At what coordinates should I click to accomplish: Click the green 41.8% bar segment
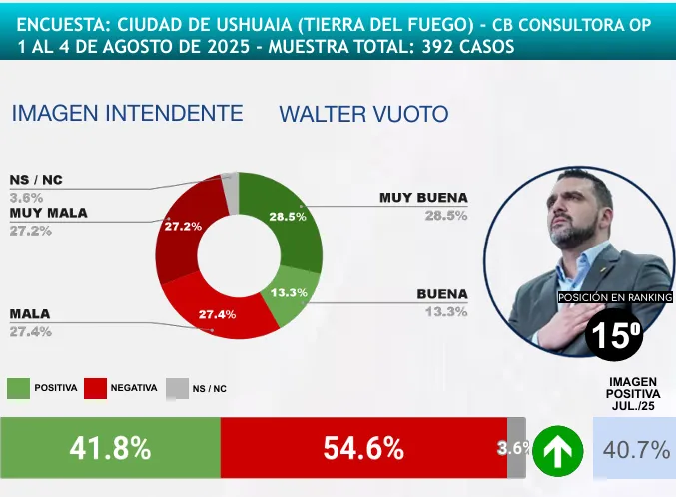pos(110,448)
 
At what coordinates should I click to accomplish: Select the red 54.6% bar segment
pos(363,448)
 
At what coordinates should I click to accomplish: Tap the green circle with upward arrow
pos(557,451)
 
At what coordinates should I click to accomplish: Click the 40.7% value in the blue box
pos(637,450)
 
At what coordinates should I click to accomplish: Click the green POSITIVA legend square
pos(19,389)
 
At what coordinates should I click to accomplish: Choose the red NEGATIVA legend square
pos(96,389)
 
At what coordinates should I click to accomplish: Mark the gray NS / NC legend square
pos(177,389)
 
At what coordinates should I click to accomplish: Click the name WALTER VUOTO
pos(363,114)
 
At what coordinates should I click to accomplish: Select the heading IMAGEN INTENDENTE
pos(127,114)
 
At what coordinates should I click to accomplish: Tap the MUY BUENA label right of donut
pos(423,198)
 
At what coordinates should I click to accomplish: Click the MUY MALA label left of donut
pos(49,213)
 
